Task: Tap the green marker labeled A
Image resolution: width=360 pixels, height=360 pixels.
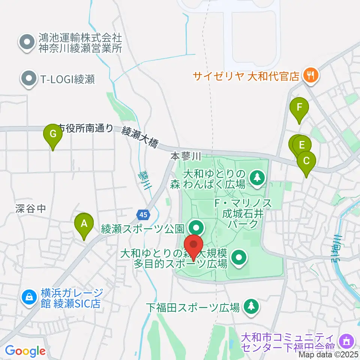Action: [x=84, y=224]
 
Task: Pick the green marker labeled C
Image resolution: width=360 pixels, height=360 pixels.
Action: [x=306, y=162]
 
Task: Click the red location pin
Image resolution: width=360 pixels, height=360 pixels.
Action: [x=194, y=246]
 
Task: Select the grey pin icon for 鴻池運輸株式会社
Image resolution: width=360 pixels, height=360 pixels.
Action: [x=27, y=42]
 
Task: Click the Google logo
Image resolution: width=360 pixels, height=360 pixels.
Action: [x=25, y=351]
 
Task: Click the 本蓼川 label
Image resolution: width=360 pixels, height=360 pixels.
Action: [x=186, y=156]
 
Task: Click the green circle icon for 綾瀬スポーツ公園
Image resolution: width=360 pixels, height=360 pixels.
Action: [x=195, y=227]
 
